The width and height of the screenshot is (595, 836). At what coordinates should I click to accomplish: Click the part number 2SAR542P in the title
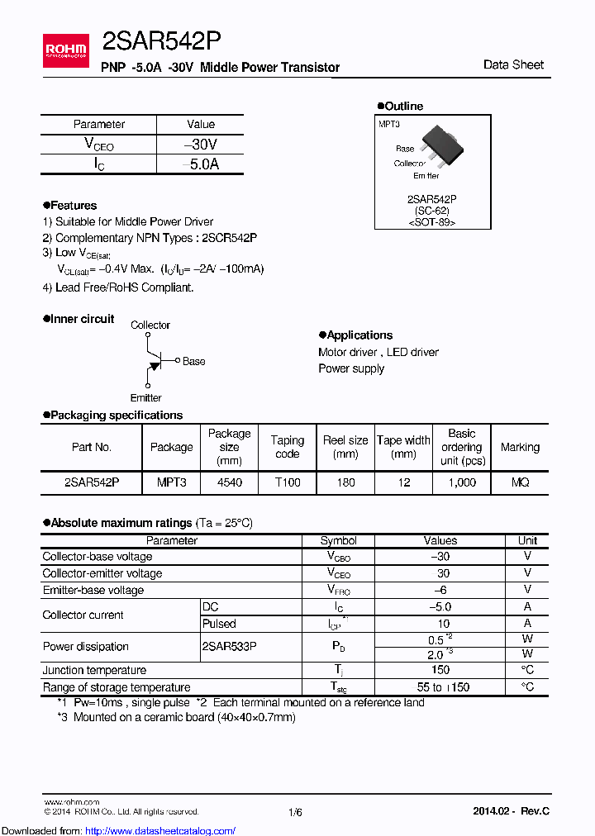coord(160,41)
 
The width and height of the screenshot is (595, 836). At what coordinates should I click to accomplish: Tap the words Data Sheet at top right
coord(513,64)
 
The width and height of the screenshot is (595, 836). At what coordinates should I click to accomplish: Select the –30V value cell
coord(200,145)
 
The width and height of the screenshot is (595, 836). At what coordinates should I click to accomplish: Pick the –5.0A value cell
coord(200,164)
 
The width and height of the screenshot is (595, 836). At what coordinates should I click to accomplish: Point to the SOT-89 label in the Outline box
coord(432,222)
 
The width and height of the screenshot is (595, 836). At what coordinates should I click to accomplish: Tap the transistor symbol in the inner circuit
coord(154,361)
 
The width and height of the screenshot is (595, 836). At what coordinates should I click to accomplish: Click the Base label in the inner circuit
coord(193,361)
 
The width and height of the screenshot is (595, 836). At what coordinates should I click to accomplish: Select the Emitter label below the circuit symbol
coord(146,397)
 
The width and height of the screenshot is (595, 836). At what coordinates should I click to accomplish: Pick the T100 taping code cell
coord(287,482)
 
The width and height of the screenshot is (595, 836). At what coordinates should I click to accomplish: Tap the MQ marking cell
coord(520,482)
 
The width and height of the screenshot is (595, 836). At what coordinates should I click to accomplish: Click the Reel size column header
coord(345,447)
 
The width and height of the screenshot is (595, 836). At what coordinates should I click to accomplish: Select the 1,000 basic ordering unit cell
coord(461,482)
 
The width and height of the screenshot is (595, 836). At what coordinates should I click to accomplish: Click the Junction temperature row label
coord(94,670)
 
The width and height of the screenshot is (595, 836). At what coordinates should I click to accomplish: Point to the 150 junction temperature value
coord(440,670)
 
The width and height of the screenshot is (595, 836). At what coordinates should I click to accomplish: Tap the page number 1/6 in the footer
coord(295,812)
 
